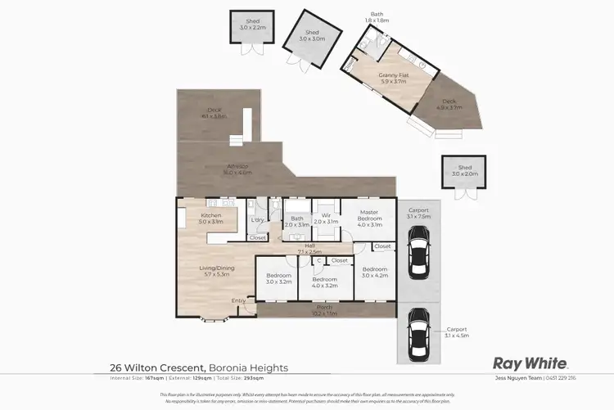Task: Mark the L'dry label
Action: click(x=258, y=219)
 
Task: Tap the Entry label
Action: click(x=238, y=300)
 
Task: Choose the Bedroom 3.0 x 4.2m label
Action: click(x=375, y=272)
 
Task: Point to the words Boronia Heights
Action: click(x=249, y=368)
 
